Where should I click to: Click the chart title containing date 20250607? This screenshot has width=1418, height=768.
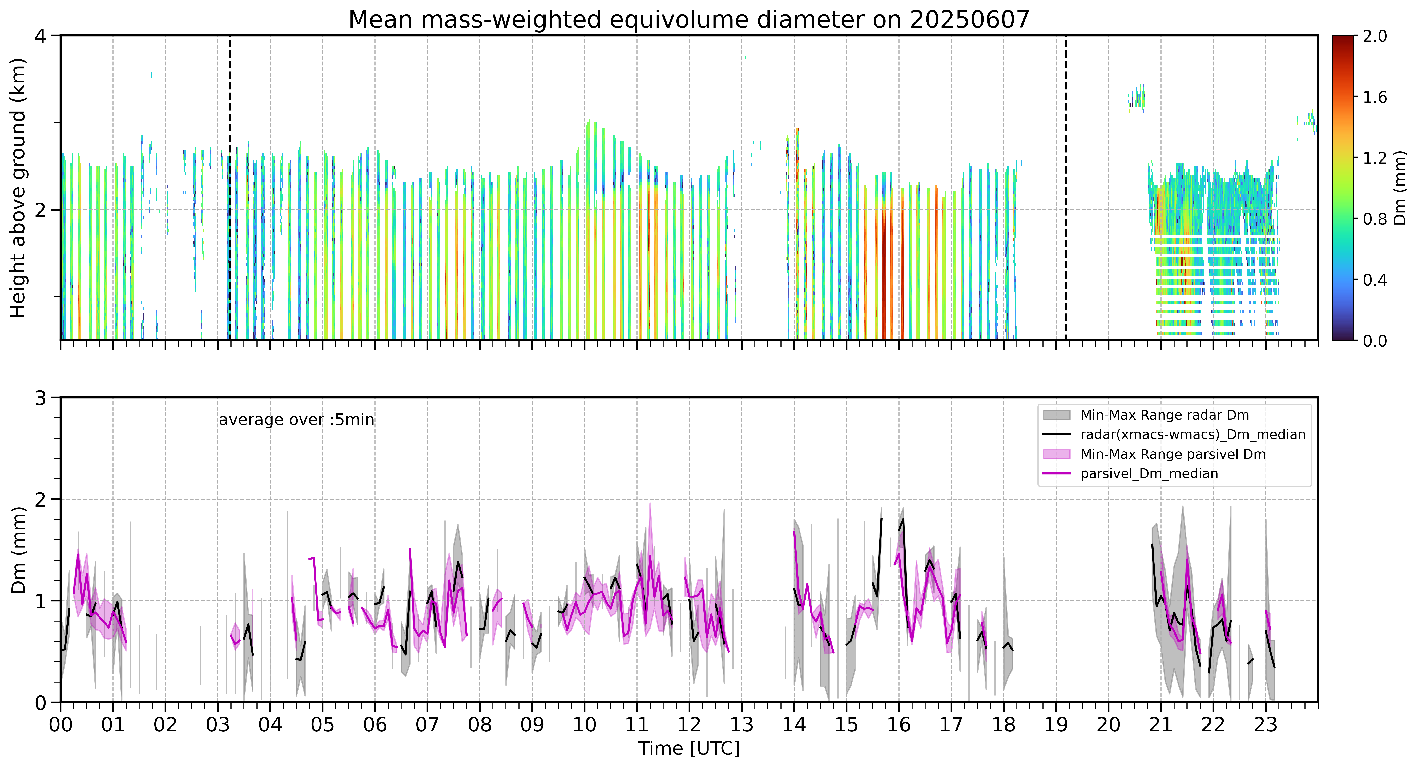point(689,20)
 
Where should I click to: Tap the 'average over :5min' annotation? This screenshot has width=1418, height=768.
point(296,420)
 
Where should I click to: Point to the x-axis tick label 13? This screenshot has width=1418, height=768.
point(741,725)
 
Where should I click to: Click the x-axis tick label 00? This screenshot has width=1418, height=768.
point(61,725)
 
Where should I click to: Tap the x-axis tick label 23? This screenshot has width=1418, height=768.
point(1266,725)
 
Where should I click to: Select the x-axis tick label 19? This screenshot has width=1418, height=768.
point(1056,725)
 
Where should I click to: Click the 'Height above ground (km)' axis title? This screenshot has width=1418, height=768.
point(18,188)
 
